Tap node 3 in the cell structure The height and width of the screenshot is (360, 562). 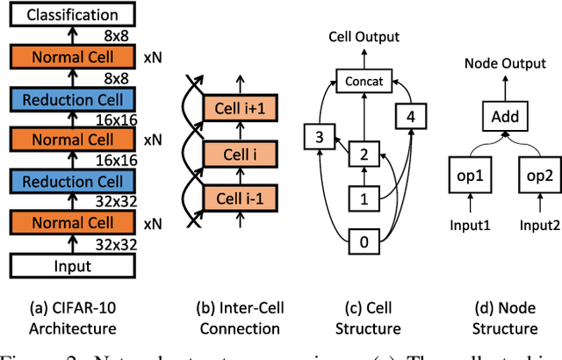pos(319,136)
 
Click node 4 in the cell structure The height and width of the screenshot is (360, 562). pos(411,116)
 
